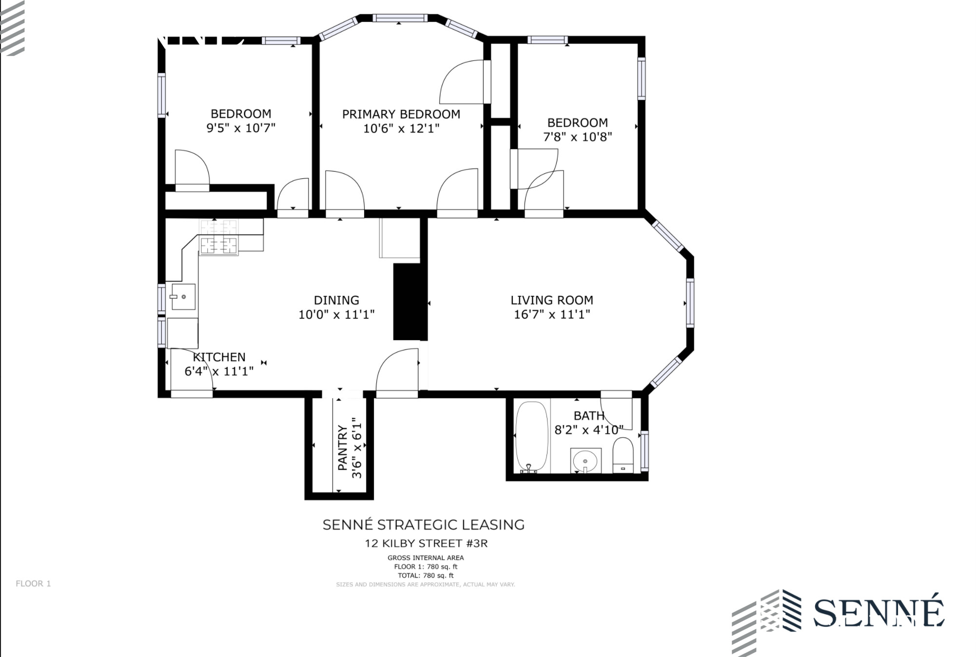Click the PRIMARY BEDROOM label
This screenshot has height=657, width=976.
click(x=401, y=114)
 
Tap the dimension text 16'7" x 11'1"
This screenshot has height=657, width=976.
click(x=552, y=314)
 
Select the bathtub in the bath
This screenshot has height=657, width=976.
click(x=532, y=436)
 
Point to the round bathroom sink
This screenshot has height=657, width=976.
click(x=585, y=460)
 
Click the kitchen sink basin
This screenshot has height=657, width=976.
click(x=183, y=296)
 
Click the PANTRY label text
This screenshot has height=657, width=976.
click(x=343, y=447)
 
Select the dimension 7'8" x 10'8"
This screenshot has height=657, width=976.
click(x=577, y=137)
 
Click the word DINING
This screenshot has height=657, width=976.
click(x=336, y=300)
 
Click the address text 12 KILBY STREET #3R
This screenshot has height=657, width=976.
click(x=426, y=543)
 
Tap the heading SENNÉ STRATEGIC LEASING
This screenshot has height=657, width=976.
click(x=423, y=525)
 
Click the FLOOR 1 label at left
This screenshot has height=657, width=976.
click(x=33, y=583)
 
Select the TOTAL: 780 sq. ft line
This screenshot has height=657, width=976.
click(x=426, y=576)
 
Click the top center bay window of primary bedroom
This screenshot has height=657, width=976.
click(x=400, y=18)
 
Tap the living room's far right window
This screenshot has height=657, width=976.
click(x=690, y=302)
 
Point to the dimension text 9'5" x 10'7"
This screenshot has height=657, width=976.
click(x=241, y=128)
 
